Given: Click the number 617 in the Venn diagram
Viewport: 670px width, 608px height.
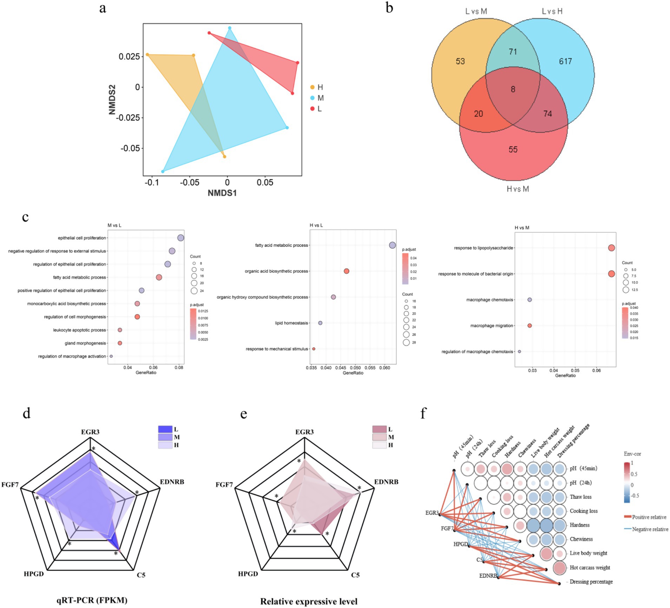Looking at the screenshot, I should [x=565, y=62].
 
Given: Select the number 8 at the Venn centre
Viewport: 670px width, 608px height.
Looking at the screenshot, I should [x=513, y=89].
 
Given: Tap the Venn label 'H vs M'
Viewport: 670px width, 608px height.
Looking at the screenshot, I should [x=518, y=189].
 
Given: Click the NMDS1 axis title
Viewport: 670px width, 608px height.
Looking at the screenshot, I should [x=222, y=193].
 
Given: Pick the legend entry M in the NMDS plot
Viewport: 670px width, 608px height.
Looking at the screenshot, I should [x=320, y=98].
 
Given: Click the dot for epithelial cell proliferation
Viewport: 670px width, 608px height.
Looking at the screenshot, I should [x=180, y=238].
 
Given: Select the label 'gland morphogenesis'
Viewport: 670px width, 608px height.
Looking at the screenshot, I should [x=85, y=343].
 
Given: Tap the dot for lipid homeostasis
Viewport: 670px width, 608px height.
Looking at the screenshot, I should [x=320, y=323].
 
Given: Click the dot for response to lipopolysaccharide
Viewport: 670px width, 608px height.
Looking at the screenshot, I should [x=611, y=248].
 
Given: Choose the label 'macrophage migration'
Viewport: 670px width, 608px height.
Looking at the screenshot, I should [x=492, y=326].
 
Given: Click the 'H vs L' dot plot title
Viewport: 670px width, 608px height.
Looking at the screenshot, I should [x=316, y=225].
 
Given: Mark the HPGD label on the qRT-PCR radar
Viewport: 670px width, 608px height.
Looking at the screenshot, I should [x=34, y=574].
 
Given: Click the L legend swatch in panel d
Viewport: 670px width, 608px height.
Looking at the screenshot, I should [x=165, y=429].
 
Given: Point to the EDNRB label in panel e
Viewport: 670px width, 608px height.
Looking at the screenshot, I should [x=386, y=482].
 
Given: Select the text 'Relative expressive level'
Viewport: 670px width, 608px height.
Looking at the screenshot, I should [x=309, y=602].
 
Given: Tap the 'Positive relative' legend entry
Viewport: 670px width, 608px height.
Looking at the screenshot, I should [x=649, y=517].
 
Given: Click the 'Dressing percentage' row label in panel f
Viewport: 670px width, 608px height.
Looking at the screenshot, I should [x=591, y=582].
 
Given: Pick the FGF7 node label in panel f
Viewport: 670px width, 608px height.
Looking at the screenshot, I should [x=447, y=528].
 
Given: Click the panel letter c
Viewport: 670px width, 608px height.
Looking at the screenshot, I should [x=25, y=217].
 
